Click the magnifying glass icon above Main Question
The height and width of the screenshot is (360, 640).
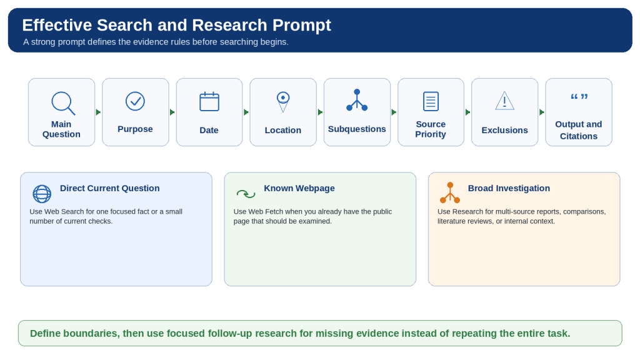[63, 103]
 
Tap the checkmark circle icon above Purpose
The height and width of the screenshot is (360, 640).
[135, 101]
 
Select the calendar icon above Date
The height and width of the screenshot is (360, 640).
[209, 102]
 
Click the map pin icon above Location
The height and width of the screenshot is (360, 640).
[283, 102]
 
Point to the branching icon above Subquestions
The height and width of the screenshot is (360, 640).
[357, 100]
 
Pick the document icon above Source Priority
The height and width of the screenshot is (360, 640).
[431, 101]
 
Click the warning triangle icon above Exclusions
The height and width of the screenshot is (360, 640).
[504, 101]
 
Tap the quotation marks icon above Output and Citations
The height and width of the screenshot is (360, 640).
[579, 97]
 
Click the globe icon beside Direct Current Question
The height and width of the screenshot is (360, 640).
[42, 194]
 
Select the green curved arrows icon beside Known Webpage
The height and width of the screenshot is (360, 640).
[246, 194]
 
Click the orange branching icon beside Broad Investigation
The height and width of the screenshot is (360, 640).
[450, 192]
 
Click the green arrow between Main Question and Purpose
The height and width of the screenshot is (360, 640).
[98, 112]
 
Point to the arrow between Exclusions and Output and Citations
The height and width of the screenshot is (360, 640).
[542, 112]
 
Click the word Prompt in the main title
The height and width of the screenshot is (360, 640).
[302, 25]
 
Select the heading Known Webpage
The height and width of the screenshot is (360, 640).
[299, 188]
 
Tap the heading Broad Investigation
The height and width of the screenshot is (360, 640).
[509, 188]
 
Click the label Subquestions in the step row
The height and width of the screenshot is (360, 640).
[357, 129]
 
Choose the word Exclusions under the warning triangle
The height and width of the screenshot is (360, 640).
[504, 130]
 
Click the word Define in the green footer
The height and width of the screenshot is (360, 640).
[45, 334]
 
